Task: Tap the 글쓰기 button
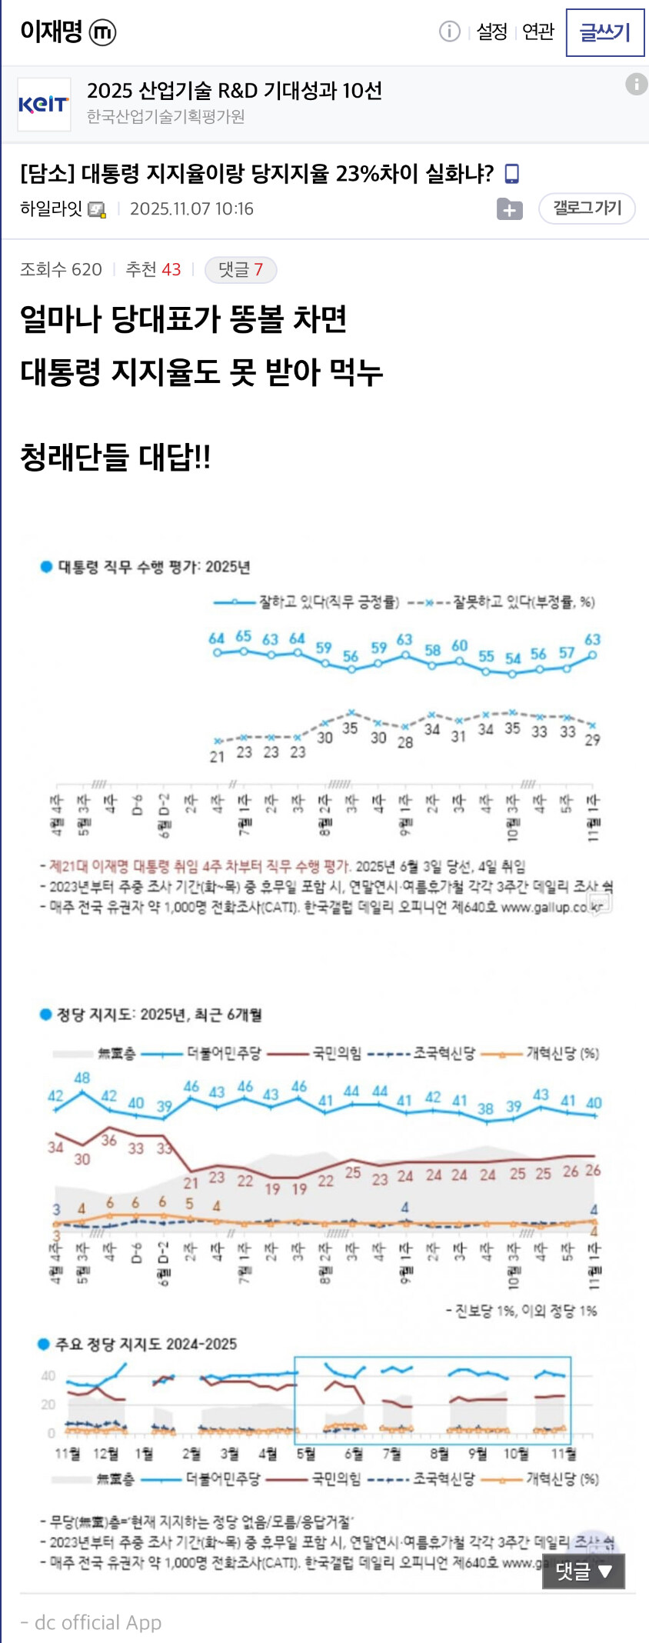pyautogui.click(x=604, y=32)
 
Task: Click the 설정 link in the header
pyautogui.click(x=492, y=32)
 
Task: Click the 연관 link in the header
pyautogui.click(x=538, y=32)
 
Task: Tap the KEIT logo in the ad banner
pyautogui.click(x=44, y=104)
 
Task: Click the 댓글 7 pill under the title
pyautogui.click(x=241, y=269)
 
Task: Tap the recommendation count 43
pyautogui.click(x=171, y=269)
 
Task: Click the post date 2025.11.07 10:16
pyautogui.click(x=191, y=208)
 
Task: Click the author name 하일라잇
pyautogui.click(x=51, y=208)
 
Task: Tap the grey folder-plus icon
pyautogui.click(x=509, y=208)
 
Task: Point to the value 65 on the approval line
pyautogui.click(x=244, y=636)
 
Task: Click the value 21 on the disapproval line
pyautogui.click(x=217, y=757)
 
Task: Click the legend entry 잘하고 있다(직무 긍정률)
pyautogui.click(x=328, y=602)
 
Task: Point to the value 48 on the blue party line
pyautogui.click(x=82, y=1078)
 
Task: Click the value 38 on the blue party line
pyautogui.click(x=485, y=1108)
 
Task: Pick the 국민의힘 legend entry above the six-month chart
pyautogui.click(x=336, y=1053)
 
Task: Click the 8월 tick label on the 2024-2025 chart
pyautogui.click(x=439, y=1453)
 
